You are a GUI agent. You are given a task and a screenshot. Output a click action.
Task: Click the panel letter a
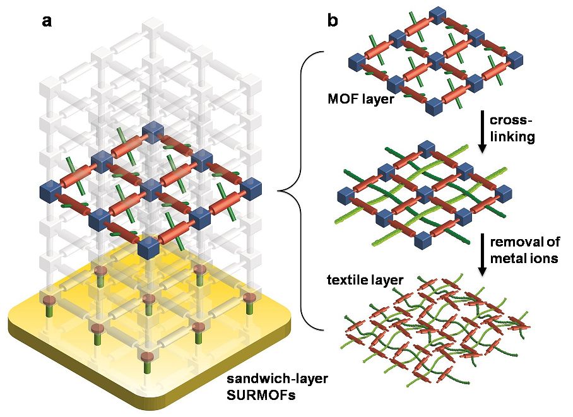pos(47,21)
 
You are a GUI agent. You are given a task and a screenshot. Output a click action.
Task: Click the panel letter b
pos(333,20)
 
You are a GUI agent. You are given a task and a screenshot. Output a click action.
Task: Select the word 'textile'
pos(346,279)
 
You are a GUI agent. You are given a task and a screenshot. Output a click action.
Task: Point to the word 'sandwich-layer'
pos(278,379)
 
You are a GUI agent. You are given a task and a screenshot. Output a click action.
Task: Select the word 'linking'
pos(512,137)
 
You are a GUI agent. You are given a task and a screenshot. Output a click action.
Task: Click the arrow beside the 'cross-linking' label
pos(483,131)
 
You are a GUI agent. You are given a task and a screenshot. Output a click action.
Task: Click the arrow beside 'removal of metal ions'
pos(483,254)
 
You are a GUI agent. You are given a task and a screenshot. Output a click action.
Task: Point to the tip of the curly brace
pos(278,191)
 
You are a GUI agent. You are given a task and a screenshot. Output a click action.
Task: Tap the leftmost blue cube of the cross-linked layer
pos(345,195)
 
